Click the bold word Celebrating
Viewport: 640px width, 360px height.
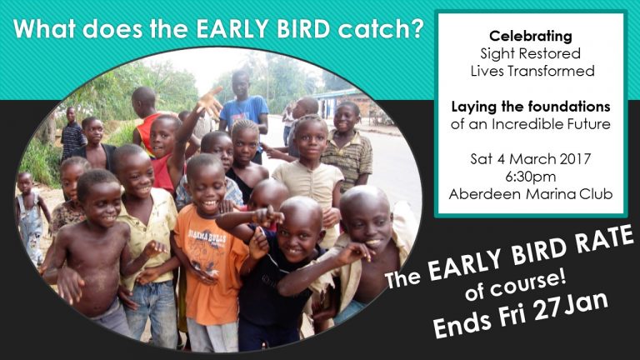pos(531,37)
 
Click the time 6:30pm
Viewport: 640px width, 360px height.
pos(530,177)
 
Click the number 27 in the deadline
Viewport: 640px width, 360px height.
pos(548,310)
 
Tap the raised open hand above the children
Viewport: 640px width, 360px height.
pos(210,100)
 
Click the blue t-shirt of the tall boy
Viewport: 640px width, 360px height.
pos(244,110)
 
